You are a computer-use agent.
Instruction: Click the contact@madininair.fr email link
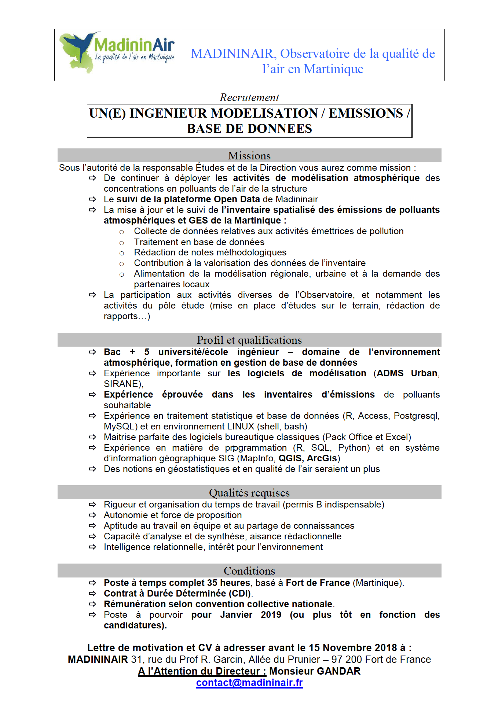tap(249, 683)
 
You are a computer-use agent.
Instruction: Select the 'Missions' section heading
tap(249, 156)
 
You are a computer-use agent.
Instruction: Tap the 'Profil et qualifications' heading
tap(249, 340)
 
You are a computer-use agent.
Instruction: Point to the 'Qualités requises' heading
tap(249, 493)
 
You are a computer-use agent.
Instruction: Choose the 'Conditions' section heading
tap(249, 571)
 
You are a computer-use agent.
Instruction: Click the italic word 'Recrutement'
tap(249, 97)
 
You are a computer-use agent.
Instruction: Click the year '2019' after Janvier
tap(271, 615)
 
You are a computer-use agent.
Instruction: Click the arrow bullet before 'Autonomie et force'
tap(92, 515)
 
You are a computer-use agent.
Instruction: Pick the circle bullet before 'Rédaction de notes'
tap(122, 253)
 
